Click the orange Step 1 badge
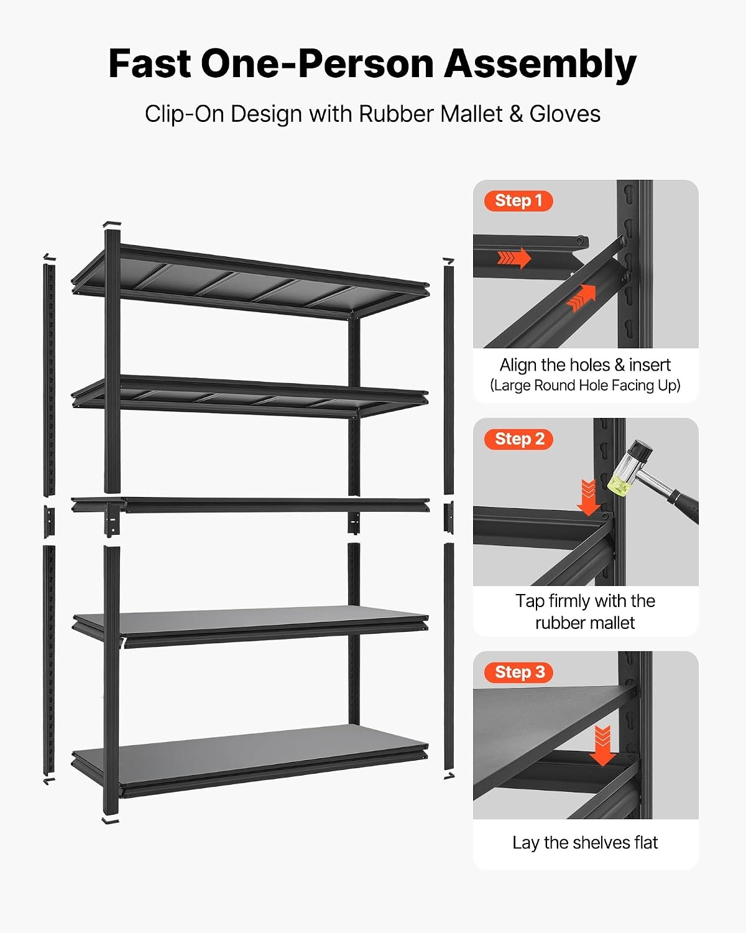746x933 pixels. coord(518,201)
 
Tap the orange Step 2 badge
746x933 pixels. coord(518,439)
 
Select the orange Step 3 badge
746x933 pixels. coord(518,672)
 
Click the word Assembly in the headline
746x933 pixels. coord(540,65)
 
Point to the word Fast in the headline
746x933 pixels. coord(150,63)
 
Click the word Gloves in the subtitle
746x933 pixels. coord(565,114)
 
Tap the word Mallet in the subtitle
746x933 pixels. coord(471,114)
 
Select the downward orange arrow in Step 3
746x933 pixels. coord(602,746)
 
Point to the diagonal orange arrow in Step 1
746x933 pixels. coord(582,299)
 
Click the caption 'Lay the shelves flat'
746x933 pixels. coord(585,843)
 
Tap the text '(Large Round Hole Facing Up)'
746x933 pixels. coord(585,386)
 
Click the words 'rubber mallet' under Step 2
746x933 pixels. coord(585,623)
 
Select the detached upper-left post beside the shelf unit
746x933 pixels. coord(49,380)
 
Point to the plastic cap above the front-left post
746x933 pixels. coord(112,224)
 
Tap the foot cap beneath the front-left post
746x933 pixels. coord(110,820)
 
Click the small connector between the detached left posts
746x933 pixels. coord(49,521)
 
